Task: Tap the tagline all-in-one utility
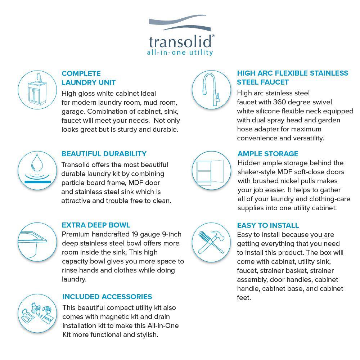[x=180, y=53]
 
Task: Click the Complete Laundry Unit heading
[x=89, y=78]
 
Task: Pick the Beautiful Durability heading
[x=104, y=154]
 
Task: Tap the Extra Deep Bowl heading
[x=96, y=225]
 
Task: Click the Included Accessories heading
[x=107, y=297]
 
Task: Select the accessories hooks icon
[x=37, y=313]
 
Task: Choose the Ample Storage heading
[x=268, y=154]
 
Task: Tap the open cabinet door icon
[x=211, y=170]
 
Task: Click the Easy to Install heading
[x=268, y=225]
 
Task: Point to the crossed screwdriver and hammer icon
[x=211, y=242]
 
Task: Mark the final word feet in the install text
[x=244, y=298]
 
